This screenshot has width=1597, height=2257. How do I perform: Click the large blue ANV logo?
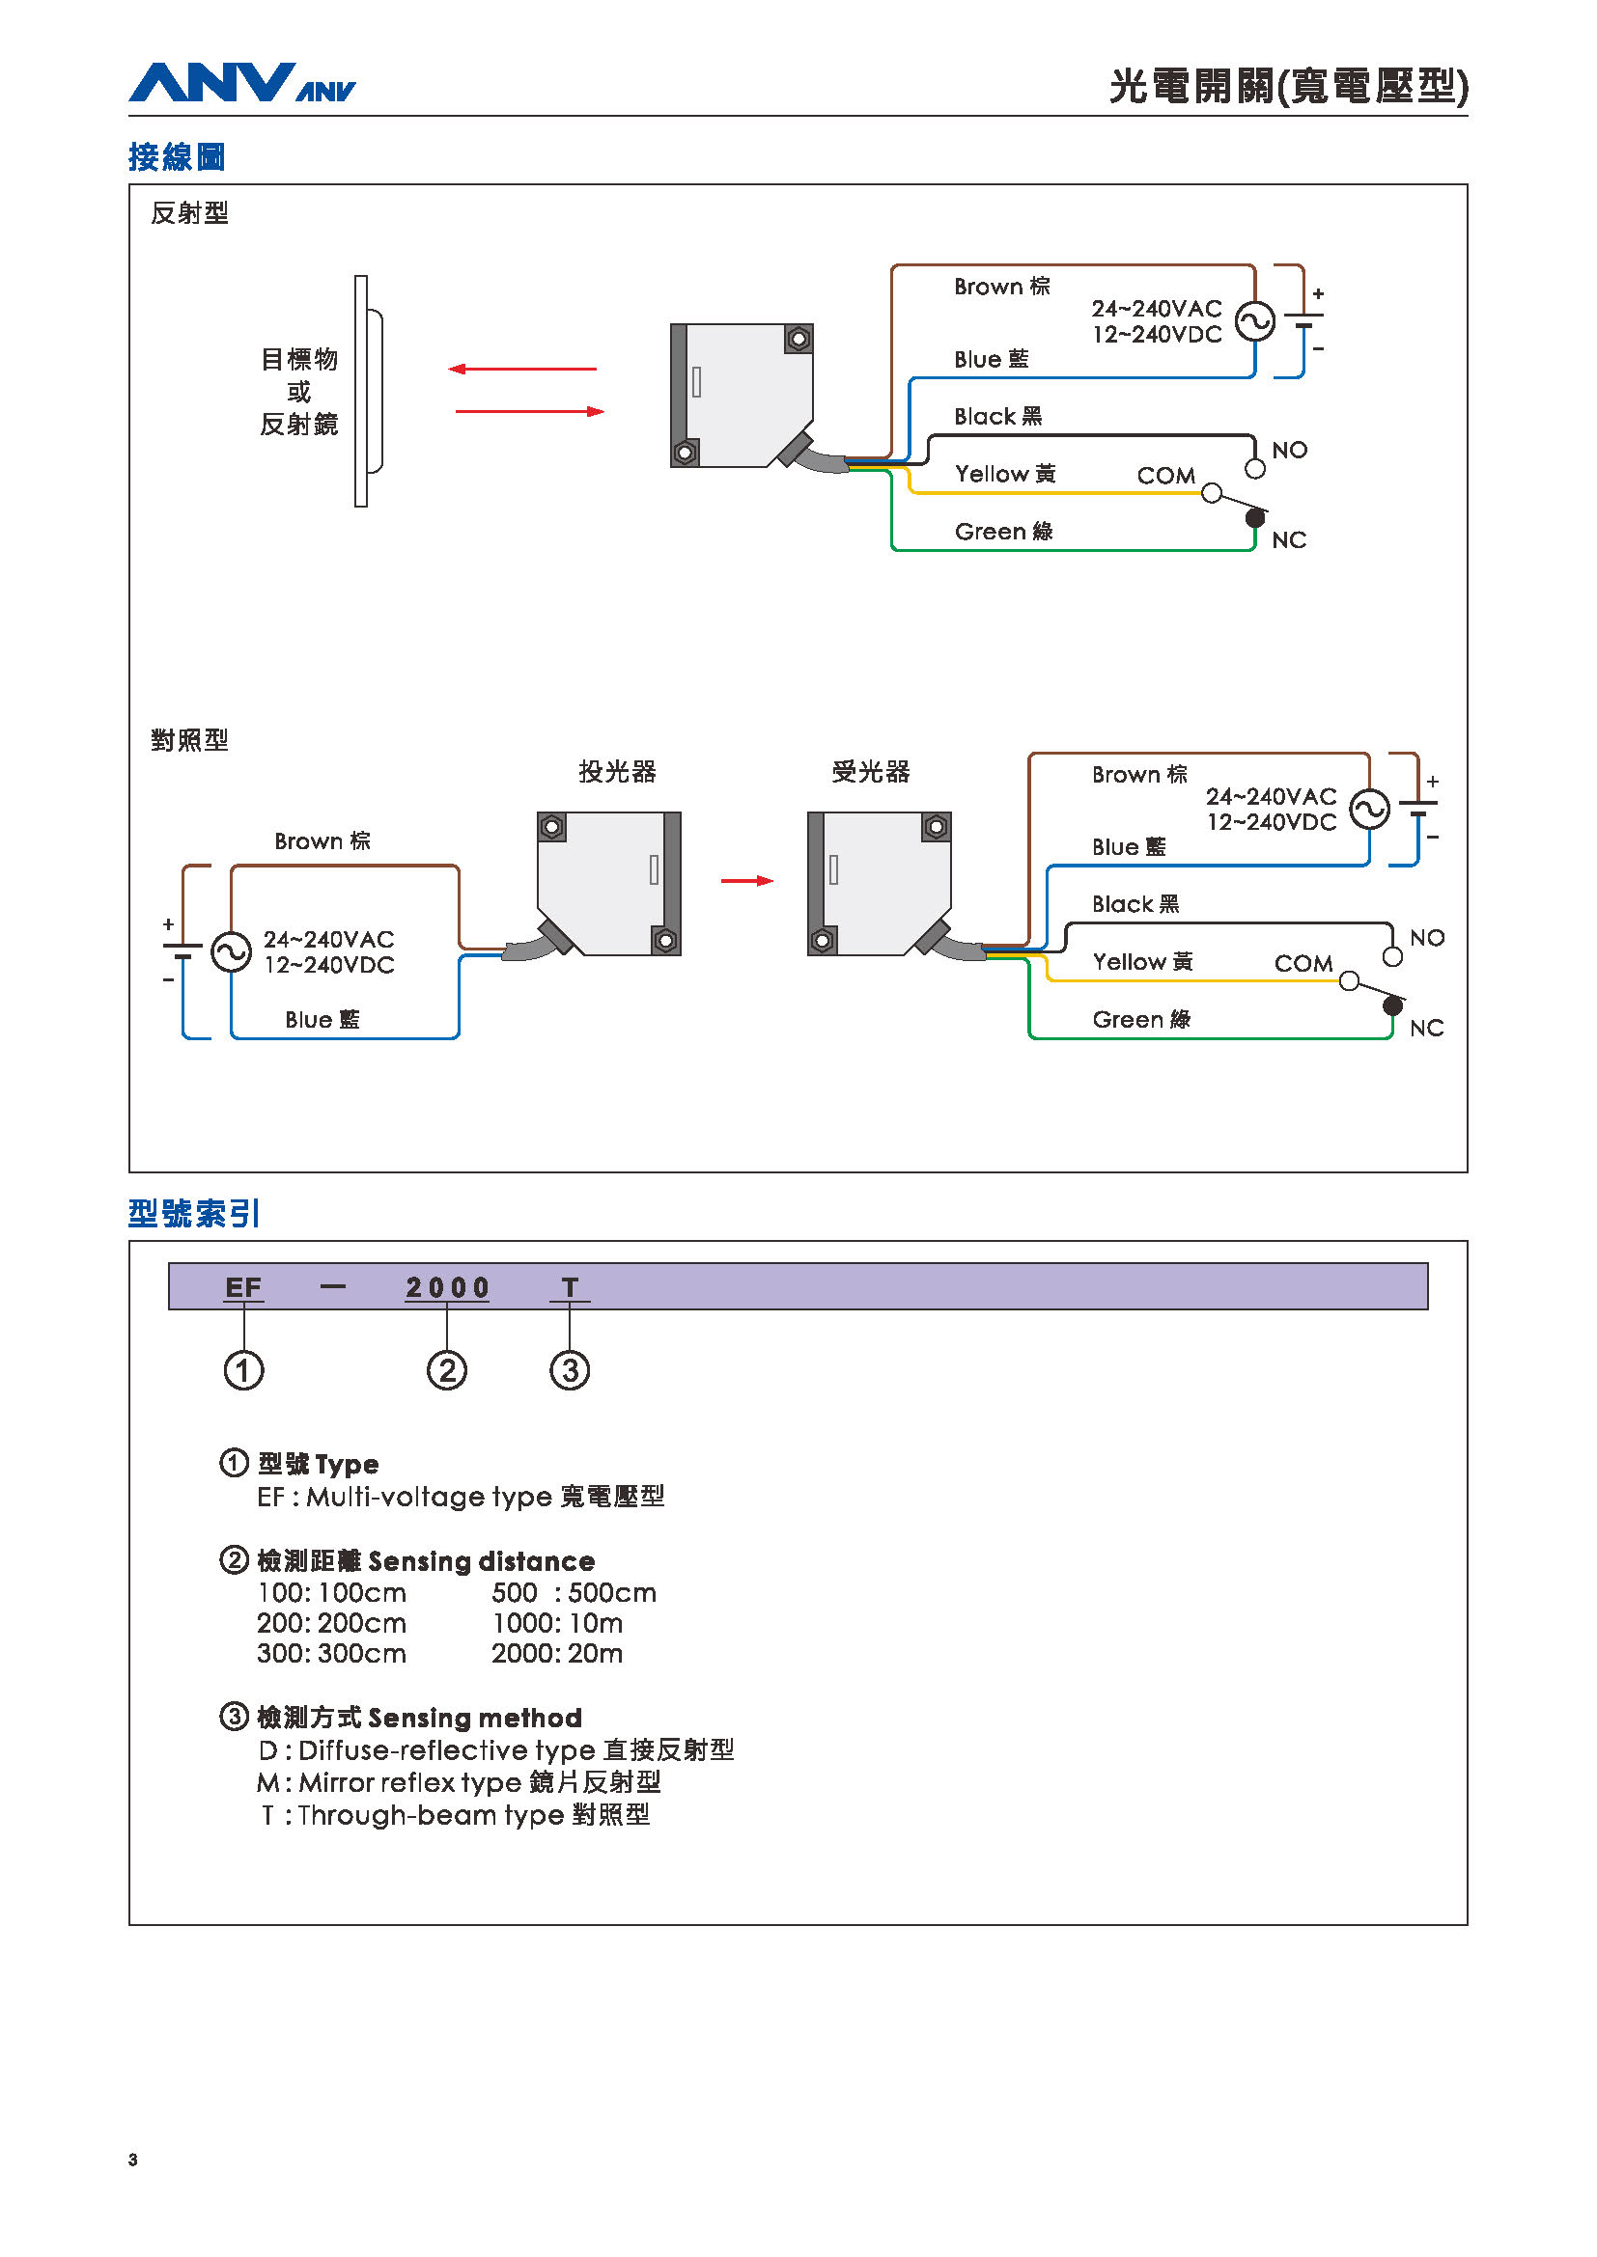click(x=211, y=83)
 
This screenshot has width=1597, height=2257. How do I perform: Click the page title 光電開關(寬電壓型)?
click(x=1288, y=87)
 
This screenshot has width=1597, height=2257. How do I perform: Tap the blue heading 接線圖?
click(x=177, y=157)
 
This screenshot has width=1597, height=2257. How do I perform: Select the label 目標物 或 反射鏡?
click(x=299, y=391)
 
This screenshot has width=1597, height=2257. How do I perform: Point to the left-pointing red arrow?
click(x=522, y=369)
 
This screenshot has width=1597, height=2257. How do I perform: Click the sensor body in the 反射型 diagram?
click(x=742, y=396)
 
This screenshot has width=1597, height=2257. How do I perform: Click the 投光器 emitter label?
click(x=618, y=772)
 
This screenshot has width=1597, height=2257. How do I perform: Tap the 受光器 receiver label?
click(x=871, y=772)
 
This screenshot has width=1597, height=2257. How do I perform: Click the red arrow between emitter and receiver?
click(x=747, y=881)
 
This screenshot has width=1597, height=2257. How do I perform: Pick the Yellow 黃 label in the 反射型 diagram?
click(x=1005, y=474)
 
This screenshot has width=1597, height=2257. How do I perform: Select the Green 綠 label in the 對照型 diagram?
click(x=1141, y=1019)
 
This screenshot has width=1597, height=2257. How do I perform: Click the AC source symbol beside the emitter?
click(x=231, y=951)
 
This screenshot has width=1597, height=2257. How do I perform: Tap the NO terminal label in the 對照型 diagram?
click(x=1427, y=938)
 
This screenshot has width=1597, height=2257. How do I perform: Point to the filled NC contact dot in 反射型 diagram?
click(x=1256, y=517)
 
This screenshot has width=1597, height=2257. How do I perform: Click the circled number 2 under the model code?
click(x=446, y=1370)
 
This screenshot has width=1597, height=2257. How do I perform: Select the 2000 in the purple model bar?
click(x=447, y=1287)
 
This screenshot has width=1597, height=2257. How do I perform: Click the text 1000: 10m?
click(x=557, y=1623)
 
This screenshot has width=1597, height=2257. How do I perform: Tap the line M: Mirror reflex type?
click(x=459, y=1781)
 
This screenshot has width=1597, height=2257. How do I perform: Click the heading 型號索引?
click(x=194, y=1214)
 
